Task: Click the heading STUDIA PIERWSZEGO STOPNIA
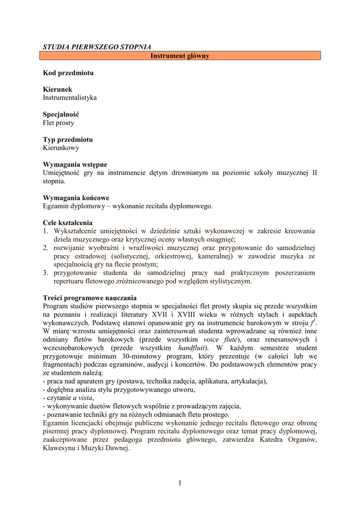point(97,47)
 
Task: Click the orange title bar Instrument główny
point(180,56)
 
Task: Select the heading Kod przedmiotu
point(68,73)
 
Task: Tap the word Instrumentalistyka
point(70,97)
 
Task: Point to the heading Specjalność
point(61,114)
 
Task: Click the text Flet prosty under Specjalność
point(58,123)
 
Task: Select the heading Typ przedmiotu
point(68,140)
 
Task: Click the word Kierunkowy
point(61,148)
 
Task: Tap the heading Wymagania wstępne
point(75,165)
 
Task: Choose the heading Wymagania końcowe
point(76,198)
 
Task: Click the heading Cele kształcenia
point(68,223)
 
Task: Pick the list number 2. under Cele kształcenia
point(45,248)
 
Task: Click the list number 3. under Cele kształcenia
point(45,273)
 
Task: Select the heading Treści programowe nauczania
point(90,298)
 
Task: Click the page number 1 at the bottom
point(180,482)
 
